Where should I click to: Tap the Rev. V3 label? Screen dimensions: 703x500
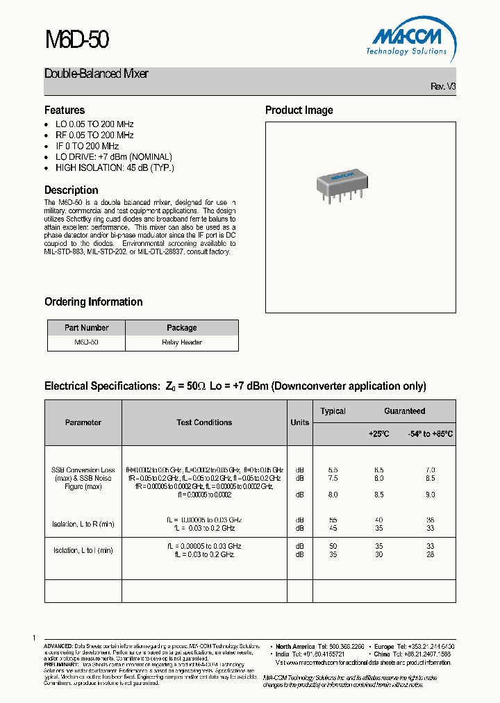pyautogui.click(x=443, y=86)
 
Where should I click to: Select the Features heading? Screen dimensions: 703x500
pyautogui.click(x=65, y=110)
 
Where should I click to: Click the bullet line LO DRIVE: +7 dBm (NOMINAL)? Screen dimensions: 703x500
pyautogui.click(x=113, y=157)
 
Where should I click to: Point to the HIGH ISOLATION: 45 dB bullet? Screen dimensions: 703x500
pyautogui.click(x=115, y=168)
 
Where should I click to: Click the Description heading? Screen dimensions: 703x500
pyautogui.click(x=71, y=190)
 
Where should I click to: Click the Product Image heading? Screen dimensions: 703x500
pyautogui.click(x=299, y=110)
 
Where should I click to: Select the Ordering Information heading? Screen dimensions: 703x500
pyautogui.click(x=93, y=301)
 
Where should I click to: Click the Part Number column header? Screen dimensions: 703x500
pyautogui.click(x=86, y=328)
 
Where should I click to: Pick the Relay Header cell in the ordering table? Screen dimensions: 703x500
pyautogui.click(x=181, y=342)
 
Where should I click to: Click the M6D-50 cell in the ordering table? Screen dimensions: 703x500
pyautogui.click(x=86, y=342)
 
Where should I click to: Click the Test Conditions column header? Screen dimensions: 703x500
pyautogui.click(x=204, y=422)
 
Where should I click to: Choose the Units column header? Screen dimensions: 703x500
pyautogui.click(x=300, y=422)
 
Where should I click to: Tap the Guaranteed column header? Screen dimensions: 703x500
pyautogui.click(x=404, y=411)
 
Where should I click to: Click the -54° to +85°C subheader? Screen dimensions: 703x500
pyautogui.click(x=430, y=433)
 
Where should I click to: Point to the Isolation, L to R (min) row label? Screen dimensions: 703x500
pyautogui.click(x=83, y=524)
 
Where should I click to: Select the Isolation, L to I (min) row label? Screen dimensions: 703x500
pyautogui.click(x=83, y=550)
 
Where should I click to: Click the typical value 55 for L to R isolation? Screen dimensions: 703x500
pyautogui.click(x=333, y=520)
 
